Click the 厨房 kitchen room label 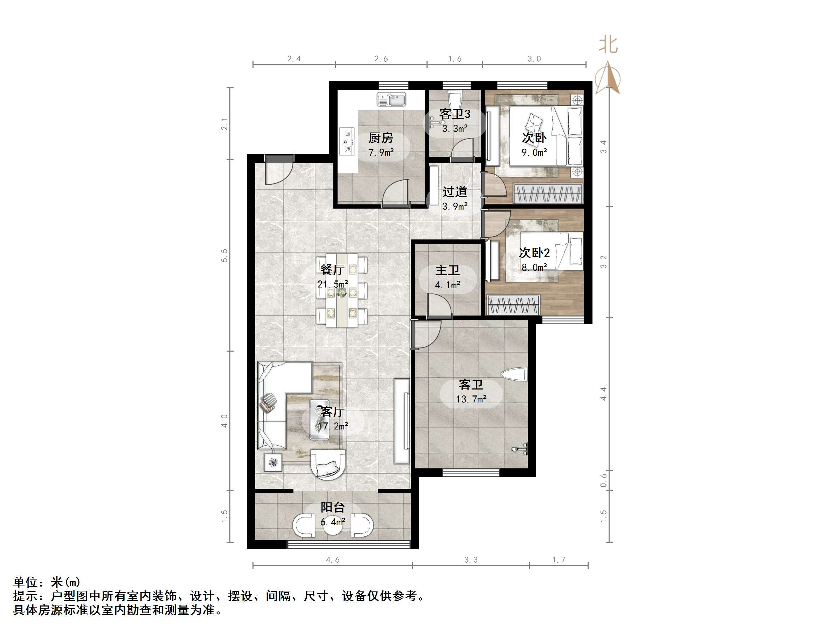[381, 138]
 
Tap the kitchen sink [391, 100]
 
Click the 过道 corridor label [455, 192]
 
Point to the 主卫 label [448, 270]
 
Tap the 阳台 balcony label [333, 507]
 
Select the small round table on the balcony [333, 525]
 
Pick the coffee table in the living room [319, 419]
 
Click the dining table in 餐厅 [342, 291]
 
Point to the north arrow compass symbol [608, 78]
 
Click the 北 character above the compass [608, 45]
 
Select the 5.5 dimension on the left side [224, 255]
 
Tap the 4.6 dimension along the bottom [333, 560]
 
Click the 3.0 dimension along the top [534, 59]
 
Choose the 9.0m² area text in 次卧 [534, 152]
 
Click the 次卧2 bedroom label [534, 252]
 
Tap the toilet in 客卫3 [454, 100]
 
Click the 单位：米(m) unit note [47, 582]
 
